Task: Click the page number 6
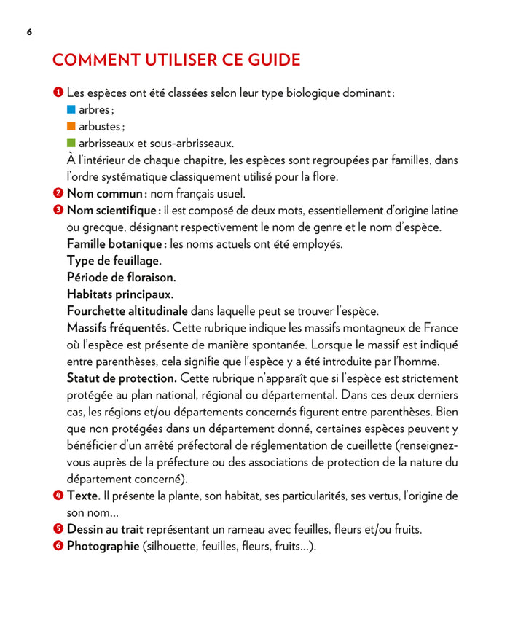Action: click(28, 32)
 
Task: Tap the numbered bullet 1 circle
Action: click(58, 93)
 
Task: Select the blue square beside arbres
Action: click(71, 109)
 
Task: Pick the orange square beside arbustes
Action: click(71, 126)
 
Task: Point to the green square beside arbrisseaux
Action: click(71, 143)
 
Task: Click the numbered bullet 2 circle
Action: click(58, 193)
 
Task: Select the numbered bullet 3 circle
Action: click(58, 210)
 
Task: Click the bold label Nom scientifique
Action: click(113, 211)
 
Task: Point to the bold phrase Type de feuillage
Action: click(114, 261)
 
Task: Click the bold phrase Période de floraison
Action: click(122, 278)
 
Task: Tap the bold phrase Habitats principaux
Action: click(120, 294)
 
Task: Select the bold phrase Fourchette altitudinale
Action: click(127, 311)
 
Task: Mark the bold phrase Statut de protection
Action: click(122, 378)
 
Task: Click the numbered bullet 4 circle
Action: click(58, 496)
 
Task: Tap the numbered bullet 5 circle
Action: click(58, 529)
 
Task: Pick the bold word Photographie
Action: click(103, 547)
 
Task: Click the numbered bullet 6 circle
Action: click(58, 546)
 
